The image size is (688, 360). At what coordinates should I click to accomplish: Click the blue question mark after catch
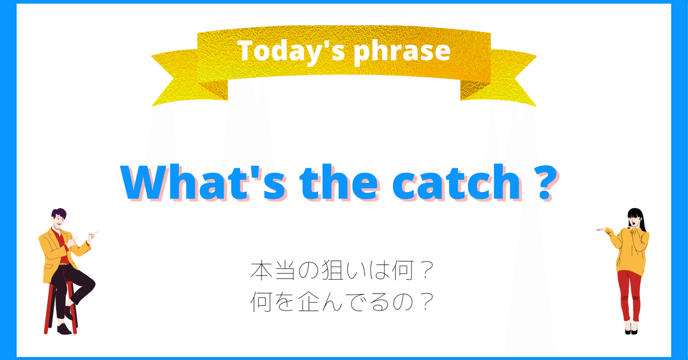tap(545, 182)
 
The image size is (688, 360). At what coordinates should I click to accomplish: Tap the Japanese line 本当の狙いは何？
tap(342, 271)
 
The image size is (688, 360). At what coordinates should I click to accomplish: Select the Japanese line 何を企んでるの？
tap(342, 302)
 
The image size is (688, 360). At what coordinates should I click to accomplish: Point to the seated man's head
tap(58, 218)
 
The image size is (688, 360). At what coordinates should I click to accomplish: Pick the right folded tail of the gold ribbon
tap(505, 80)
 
